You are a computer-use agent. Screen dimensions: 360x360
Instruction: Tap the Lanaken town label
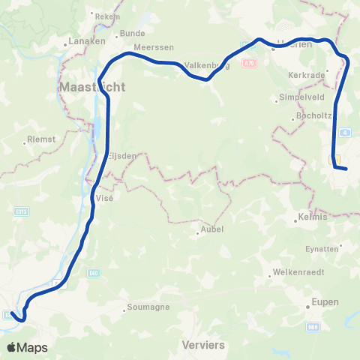click(86, 41)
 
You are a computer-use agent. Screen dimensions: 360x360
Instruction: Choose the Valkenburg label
click(206, 65)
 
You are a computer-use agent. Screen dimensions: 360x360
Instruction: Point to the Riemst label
click(40, 138)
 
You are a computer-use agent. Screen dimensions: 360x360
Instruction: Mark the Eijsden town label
click(121, 156)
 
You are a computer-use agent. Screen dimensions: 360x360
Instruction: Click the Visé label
click(104, 190)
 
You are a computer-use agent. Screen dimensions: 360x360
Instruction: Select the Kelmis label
click(313, 217)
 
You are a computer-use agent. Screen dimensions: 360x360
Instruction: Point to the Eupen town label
click(326, 302)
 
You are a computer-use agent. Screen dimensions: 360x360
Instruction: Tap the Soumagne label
click(148, 307)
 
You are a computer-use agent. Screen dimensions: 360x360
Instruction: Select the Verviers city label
click(203, 345)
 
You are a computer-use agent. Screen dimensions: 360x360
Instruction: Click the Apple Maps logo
click(27, 347)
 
